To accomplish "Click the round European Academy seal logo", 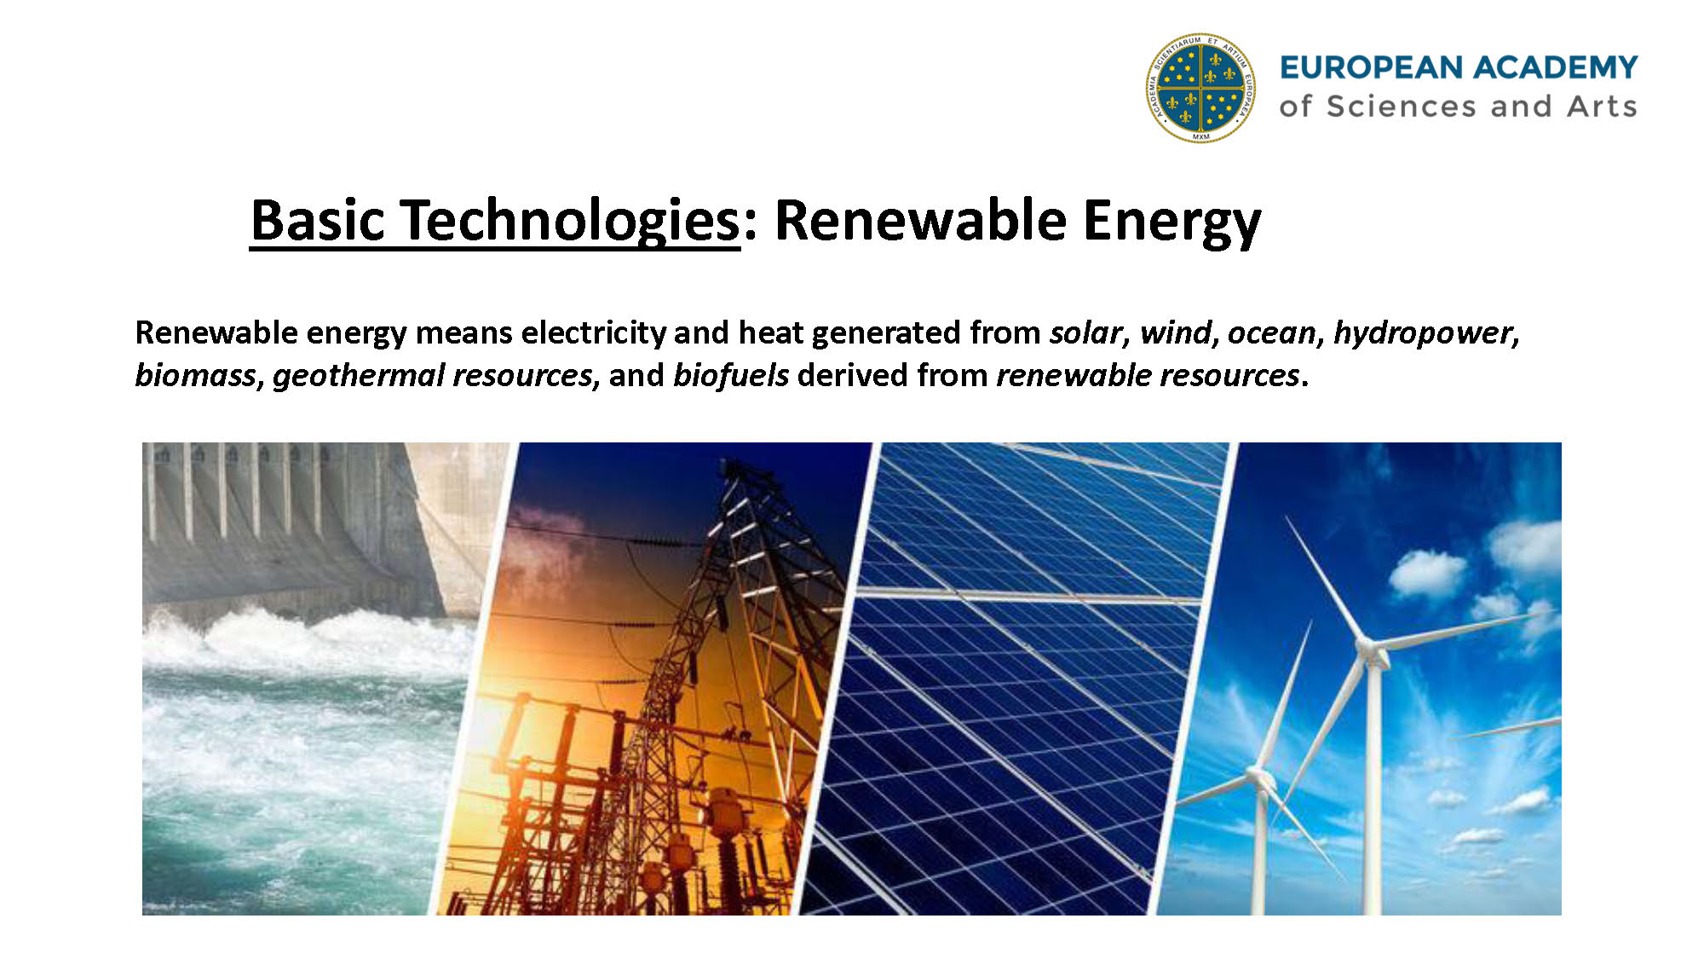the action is tap(1200, 88).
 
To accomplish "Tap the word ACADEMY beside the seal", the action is tap(1557, 67).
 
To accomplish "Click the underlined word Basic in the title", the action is tap(318, 220).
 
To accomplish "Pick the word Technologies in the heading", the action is tap(570, 222).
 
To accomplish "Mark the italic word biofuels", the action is tap(731, 375).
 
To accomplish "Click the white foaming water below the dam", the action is tap(307, 639).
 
